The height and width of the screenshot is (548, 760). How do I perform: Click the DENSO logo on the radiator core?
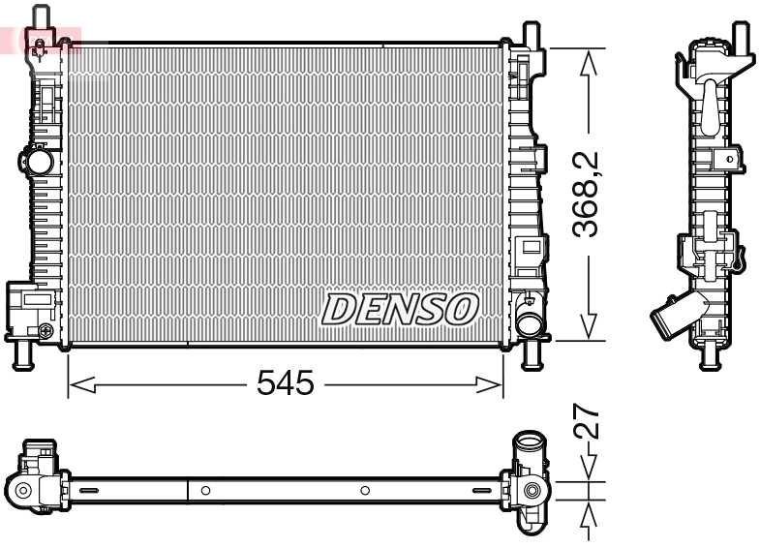pyautogui.click(x=400, y=309)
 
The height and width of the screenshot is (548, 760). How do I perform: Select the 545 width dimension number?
pyautogui.click(x=286, y=384)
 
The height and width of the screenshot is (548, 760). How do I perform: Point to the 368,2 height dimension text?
pyautogui.click(x=587, y=195)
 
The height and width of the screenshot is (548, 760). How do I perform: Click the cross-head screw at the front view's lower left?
pyautogui.click(x=46, y=332)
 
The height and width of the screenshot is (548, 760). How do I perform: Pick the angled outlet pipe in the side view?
pyautogui.click(x=670, y=317)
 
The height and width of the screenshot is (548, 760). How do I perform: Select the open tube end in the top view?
pyautogui.click(x=530, y=447)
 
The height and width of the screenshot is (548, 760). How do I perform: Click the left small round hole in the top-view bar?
pyautogui.click(x=206, y=491)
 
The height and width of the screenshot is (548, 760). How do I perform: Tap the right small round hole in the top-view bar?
pyautogui.click(x=365, y=491)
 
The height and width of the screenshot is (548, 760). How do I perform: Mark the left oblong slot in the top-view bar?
pyautogui.click(x=88, y=491)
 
